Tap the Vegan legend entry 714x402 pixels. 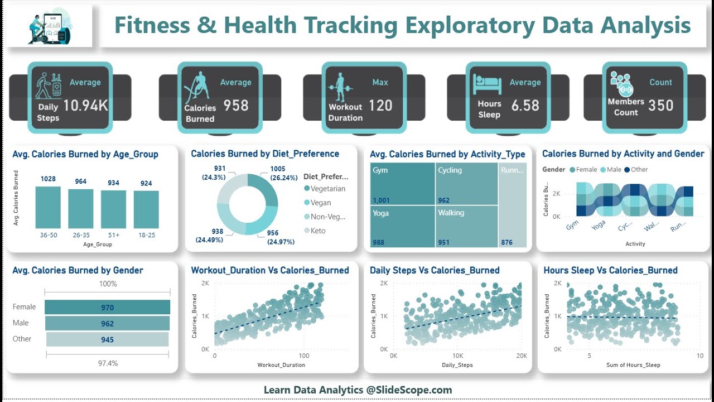(321, 203)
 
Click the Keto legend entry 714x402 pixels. (318, 231)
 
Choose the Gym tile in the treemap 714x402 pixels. (402, 184)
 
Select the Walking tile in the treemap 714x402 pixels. (466, 226)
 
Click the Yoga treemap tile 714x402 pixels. (402, 226)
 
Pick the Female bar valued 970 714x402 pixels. (107, 307)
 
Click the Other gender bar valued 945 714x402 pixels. (107, 339)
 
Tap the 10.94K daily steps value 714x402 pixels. (85, 105)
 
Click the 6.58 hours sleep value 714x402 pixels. (525, 105)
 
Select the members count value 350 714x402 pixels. (660, 105)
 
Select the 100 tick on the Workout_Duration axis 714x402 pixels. (303, 356)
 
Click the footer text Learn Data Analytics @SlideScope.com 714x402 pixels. (358, 390)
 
